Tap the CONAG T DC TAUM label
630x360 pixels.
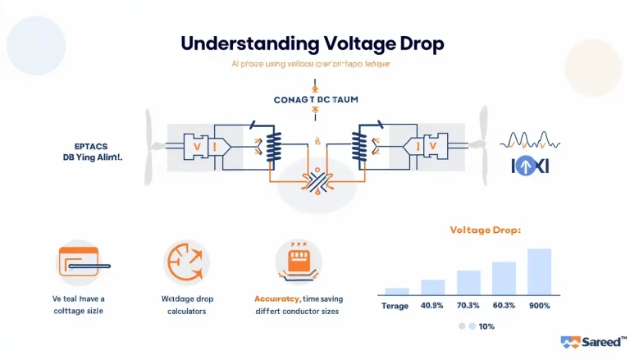point(315,99)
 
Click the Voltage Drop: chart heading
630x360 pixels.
point(484,230)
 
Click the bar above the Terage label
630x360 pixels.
point(397,290)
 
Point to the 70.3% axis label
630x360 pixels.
point(468,306)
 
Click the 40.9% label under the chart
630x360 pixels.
point(432,306)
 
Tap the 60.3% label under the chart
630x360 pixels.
point(504,306)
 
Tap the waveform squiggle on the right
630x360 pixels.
point(526,139)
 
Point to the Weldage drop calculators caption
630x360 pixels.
point(185,305)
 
